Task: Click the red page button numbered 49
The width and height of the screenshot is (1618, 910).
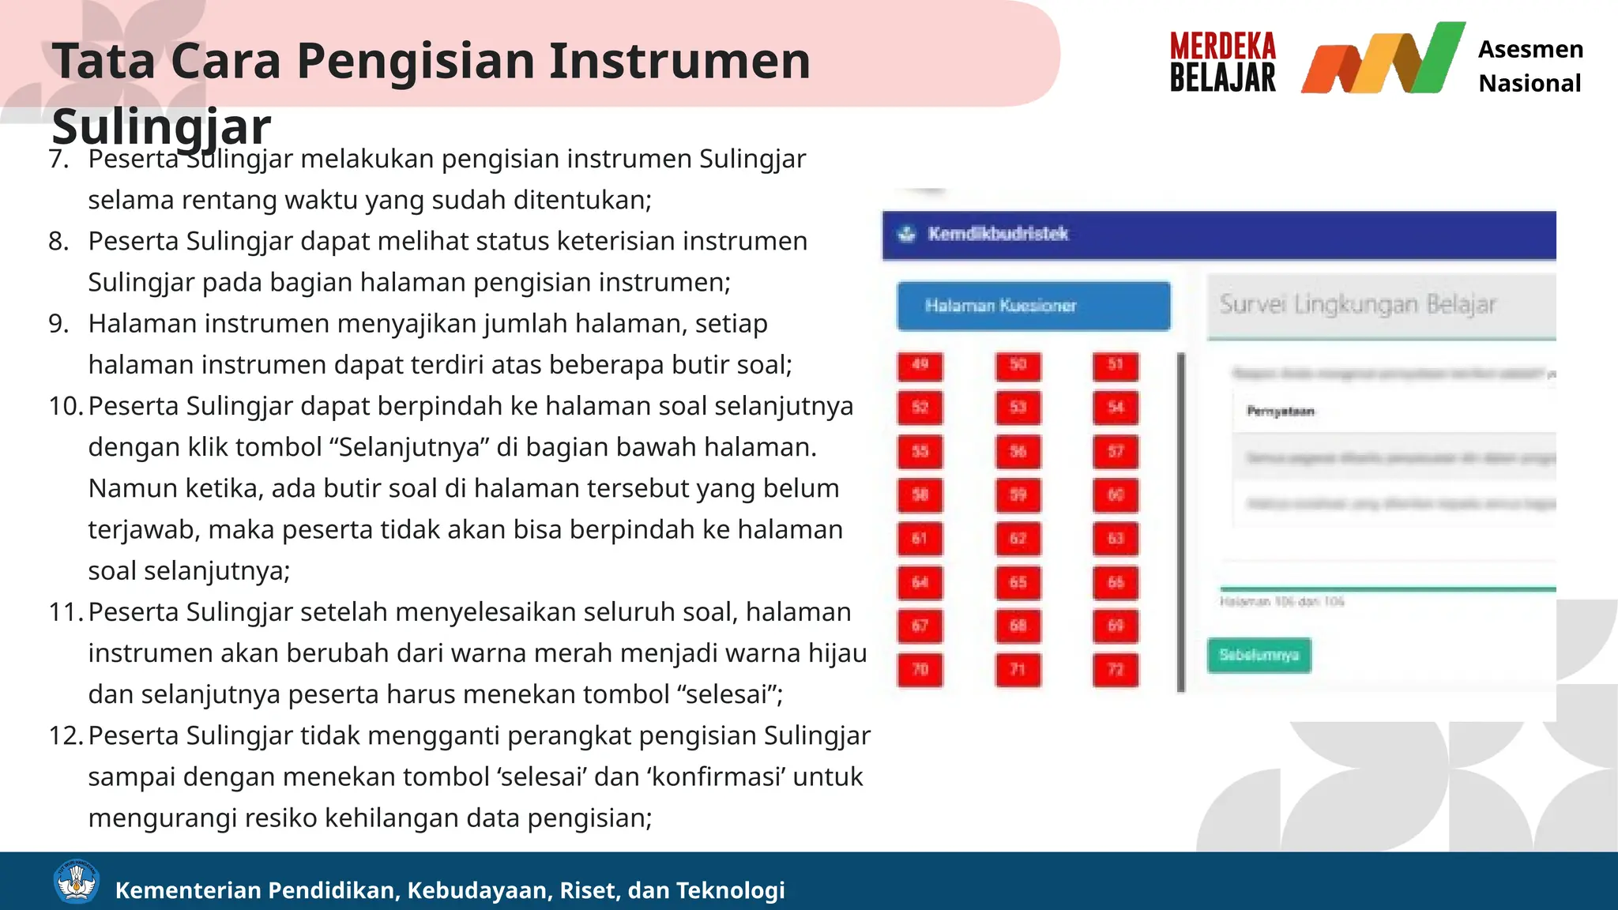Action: tap(920, 366)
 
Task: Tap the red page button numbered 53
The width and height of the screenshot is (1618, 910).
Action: tap(1018, 408)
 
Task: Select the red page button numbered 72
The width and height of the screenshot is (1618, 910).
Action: tap(1116, 670)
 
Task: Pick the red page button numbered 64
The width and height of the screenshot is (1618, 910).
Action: tap(920, 583)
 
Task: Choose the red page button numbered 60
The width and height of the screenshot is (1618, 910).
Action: tap(1116, 495)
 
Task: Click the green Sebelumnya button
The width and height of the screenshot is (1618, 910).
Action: tap(1259, 655)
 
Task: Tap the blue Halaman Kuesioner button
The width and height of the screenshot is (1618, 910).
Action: tap(1033, 306)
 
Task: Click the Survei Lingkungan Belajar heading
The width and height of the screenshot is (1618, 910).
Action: tap(1357, 305)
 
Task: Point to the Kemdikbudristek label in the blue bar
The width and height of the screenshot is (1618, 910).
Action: tap(998, 234)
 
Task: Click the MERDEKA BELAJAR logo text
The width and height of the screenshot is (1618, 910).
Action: tap(1222, 62)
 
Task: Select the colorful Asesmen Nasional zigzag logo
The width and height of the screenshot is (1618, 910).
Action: tap(1383, 60)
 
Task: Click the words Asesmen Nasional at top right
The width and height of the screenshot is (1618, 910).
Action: tap(1530, 66)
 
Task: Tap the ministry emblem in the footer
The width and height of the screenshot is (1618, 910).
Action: tap(76, 882)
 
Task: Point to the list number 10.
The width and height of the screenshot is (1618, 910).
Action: tap(65, 406)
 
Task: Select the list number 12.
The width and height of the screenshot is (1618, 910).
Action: tap(65, 735)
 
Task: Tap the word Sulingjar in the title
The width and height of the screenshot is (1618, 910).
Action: tap(161, 126)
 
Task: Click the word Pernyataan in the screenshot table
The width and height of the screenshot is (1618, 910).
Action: tap(1280, 412)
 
